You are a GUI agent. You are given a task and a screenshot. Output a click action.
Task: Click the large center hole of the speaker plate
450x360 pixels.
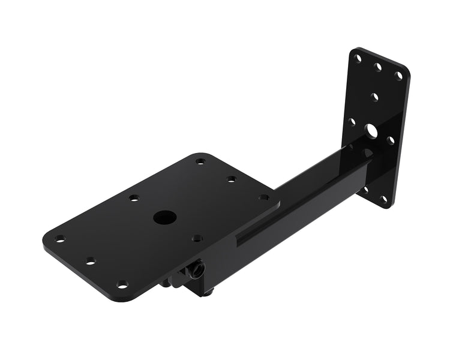[161, 217]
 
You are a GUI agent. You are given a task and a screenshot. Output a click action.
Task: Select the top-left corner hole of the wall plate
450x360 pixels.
[358, 59]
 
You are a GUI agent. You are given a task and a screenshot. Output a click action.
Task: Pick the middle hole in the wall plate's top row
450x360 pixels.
[379, 67]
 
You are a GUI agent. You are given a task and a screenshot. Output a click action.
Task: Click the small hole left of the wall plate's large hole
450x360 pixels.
[353, 122]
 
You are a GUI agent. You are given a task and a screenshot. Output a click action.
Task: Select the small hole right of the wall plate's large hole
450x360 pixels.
[391, 140]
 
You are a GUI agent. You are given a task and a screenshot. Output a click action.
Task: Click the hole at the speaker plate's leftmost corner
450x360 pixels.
[59, 239]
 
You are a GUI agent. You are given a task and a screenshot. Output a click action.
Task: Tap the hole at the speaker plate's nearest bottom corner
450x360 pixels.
[122, 283]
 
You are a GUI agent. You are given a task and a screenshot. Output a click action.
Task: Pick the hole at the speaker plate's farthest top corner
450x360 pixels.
[200, 161]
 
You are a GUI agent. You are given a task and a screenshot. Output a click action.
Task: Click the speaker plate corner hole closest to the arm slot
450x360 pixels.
[263, 197]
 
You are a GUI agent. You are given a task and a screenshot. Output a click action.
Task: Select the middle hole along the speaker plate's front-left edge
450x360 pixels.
[91, 261]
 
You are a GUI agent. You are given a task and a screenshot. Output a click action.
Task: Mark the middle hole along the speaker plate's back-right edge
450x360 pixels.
[232, 179]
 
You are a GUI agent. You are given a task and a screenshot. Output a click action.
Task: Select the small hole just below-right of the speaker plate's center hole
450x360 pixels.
[196, 238]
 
